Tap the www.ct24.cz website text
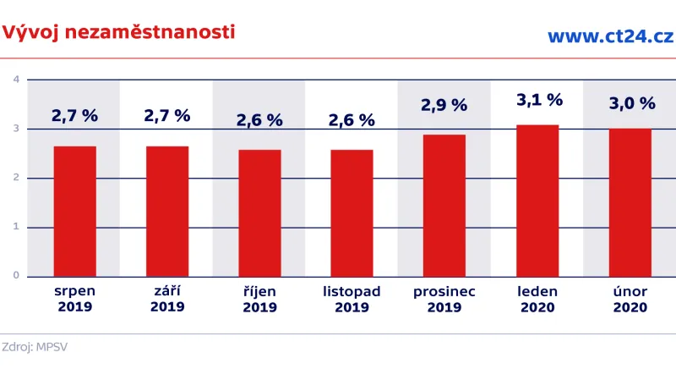[610, 36]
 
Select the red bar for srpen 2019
[74, 211]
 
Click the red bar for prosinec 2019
[444, 205]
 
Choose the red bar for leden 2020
[537, 200]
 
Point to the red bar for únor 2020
[630, 202]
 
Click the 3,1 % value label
[539, 100]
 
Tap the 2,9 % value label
[444, 106]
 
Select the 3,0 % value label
[632, 103]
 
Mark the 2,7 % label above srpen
[74, 116]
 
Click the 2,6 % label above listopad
[352, 120]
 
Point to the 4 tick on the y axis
[16, 80]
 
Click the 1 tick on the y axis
[16, 227]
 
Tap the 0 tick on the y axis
[16, 276]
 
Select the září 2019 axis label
[167, 299]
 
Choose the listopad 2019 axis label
[352, 299]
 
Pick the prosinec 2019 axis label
[444, 299]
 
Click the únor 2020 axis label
[630, 299]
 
